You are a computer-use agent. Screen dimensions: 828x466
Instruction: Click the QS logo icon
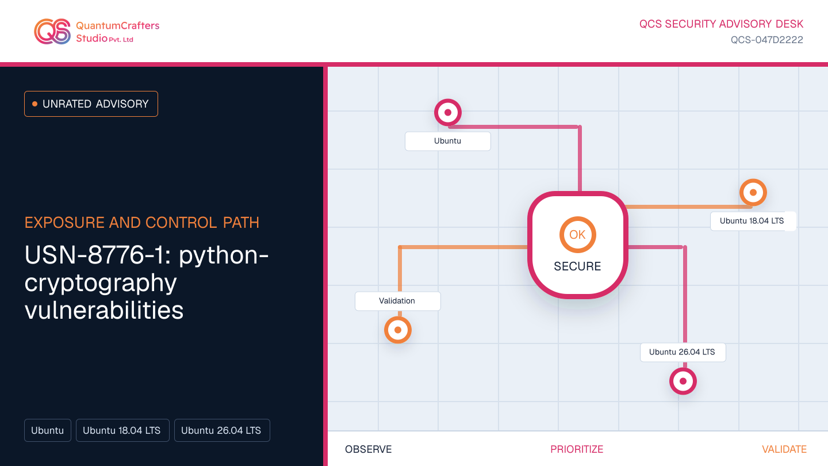point(52,32)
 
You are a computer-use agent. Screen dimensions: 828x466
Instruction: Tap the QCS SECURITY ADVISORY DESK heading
point(721,24)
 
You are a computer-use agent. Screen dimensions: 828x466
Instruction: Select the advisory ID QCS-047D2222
point(766,40)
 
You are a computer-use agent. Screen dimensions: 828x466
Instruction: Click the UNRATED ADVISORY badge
point(91,104)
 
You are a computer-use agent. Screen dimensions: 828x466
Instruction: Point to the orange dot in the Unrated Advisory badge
point(34,104)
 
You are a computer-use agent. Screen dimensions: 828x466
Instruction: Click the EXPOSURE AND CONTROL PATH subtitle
point(142,223)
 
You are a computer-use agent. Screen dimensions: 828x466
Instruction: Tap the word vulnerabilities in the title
point(104,310)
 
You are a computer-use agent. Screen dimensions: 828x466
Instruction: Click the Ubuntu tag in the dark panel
point(48,430)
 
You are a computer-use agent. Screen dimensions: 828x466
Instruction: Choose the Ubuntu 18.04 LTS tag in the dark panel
point(122,430)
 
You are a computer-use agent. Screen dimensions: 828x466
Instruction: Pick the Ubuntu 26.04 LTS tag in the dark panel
point(222,430)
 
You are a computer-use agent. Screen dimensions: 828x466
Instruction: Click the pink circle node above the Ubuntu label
point(447,112)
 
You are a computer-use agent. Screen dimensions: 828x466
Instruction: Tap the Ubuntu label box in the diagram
point(447,141)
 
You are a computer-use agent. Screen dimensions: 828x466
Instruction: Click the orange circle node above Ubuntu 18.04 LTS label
point(753,192)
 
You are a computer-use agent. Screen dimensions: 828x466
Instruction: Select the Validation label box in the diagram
point(398,301)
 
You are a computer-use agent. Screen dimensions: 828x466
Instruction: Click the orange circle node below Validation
point(398,330)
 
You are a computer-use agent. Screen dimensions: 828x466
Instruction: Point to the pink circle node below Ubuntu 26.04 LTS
point(683,381)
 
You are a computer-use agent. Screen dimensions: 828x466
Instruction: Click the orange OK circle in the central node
point(577,235)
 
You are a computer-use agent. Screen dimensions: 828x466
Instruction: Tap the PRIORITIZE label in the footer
point(577,449)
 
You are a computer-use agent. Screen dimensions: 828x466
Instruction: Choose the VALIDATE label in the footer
point(784,449)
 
